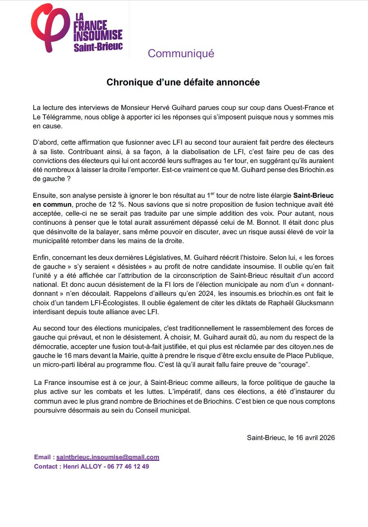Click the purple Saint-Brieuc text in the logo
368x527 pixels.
(x=98, y=47)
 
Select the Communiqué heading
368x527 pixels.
(x=181, y=54)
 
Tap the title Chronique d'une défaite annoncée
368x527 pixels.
(x=183, y=82)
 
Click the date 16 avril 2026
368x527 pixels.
(x=309, y=438)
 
